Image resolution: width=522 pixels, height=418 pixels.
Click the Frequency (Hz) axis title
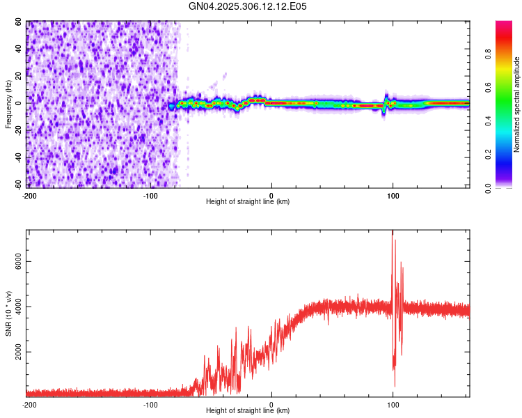coord(8,105)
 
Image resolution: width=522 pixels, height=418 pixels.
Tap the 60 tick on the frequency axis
coord(20,22)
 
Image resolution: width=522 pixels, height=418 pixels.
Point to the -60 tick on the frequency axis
coord(19,185)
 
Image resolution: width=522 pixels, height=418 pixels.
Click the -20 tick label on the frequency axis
coord(19,130)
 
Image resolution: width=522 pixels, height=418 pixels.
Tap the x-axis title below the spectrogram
coord(248,202)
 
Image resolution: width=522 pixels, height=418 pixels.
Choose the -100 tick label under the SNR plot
coord(150,405)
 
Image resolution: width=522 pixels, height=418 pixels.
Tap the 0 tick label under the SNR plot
coord(271,405)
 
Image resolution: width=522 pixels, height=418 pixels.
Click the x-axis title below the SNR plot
coord(248,412)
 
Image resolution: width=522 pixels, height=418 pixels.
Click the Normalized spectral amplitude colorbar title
coord(517,105)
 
